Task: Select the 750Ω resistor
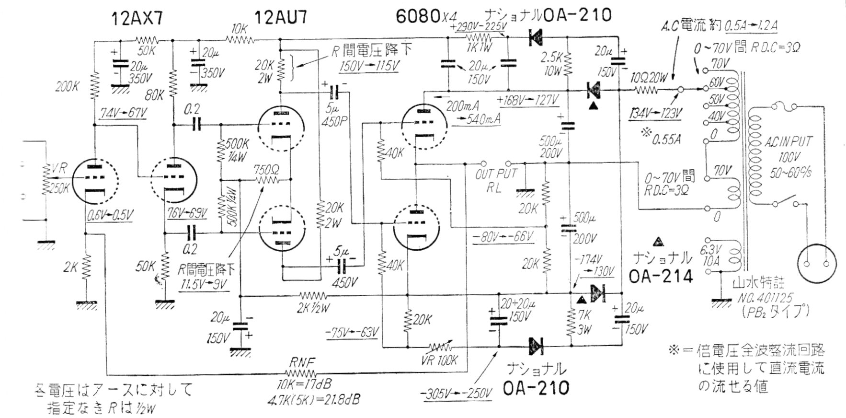267,180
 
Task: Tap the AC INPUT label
788,142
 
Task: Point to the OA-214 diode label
662,276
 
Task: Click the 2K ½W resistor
312,295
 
